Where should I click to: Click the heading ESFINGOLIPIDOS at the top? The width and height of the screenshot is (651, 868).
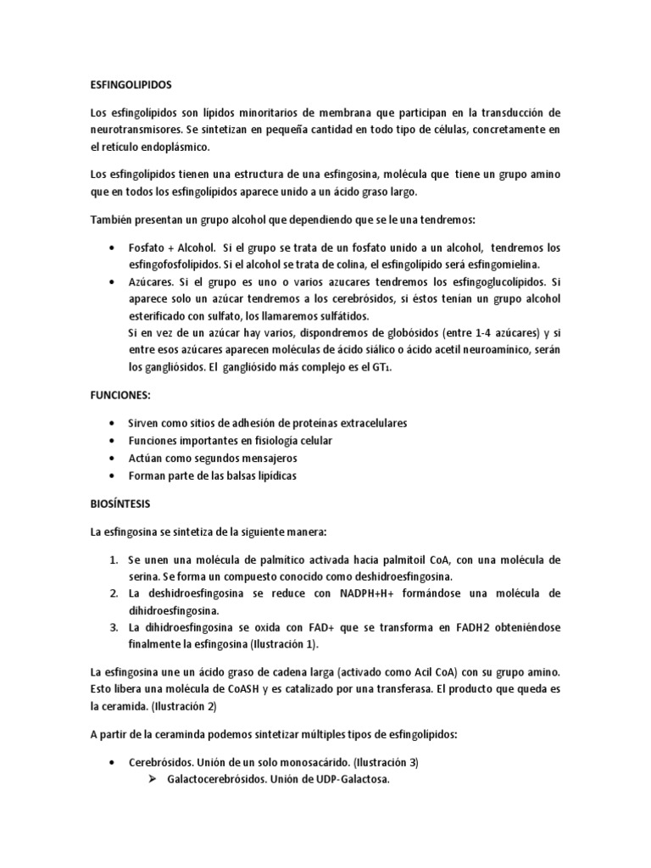[131, 86]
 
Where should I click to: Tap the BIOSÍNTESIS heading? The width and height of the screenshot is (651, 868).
[120, 504]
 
